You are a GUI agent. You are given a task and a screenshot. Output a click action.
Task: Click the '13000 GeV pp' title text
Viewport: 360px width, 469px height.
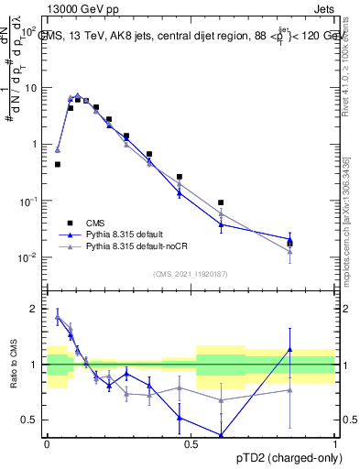[x=82, y=8]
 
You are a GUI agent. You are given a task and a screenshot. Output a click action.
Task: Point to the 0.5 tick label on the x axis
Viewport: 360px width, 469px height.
[x=191, y=444]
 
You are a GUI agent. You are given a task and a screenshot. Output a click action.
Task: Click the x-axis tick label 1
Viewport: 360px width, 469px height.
[x=335, y=444]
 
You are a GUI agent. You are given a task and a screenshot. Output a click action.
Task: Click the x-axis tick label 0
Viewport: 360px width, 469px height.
[x=47, y=444]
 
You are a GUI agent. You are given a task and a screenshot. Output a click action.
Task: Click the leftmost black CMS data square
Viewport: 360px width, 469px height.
[x=58, y=165]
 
